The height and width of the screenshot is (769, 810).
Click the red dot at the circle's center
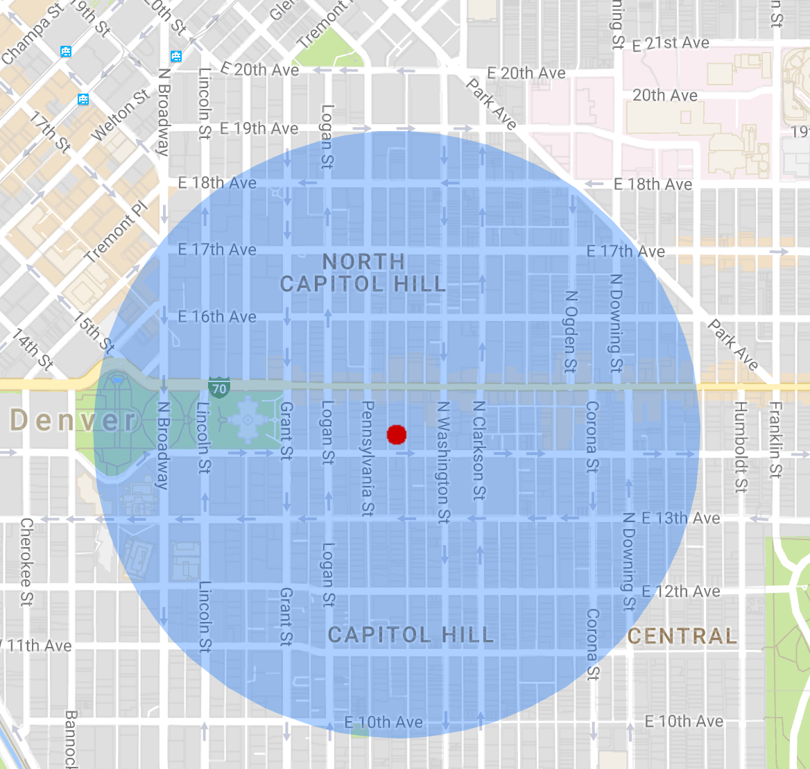point(396,435)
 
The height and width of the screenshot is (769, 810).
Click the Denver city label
point(74,420)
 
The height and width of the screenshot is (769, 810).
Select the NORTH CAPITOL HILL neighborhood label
point(363,273)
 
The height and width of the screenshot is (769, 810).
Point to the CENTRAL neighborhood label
point(682,636)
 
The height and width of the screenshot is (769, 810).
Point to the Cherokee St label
point(26,562)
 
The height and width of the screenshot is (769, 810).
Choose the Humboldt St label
point(740,447)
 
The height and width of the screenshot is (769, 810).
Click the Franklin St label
point(775,440)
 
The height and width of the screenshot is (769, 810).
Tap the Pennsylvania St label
point(368,458)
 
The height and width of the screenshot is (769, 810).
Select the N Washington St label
point(443,462)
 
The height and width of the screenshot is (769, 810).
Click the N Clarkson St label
point(479,450)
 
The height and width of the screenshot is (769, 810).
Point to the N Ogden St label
point(571,331)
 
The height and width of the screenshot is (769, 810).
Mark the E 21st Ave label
point(671,44)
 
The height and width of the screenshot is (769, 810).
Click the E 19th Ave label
point(259,128)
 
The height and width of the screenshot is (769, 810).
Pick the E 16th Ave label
point(217,317)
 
